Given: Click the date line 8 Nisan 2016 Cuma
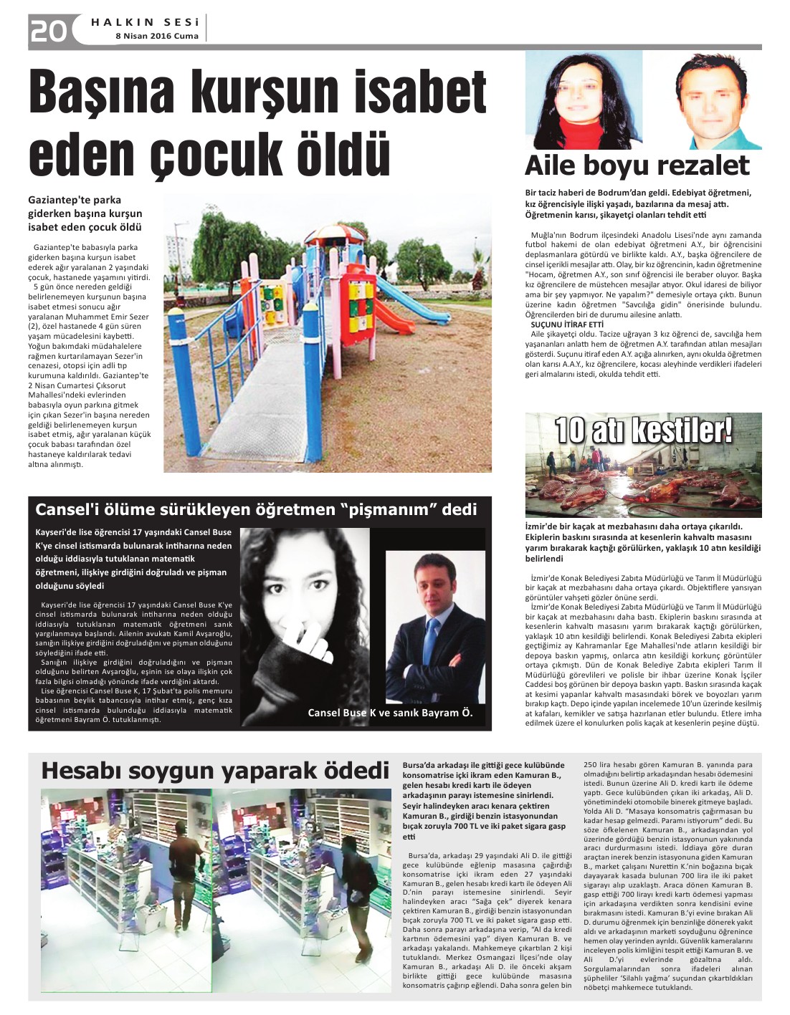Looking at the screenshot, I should (x=157, y=37).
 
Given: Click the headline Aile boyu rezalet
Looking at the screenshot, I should (x=637, y=165).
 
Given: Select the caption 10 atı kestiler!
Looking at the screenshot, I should (x=644, y=430).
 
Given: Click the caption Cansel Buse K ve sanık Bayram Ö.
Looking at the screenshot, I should (x=390, y=713).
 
